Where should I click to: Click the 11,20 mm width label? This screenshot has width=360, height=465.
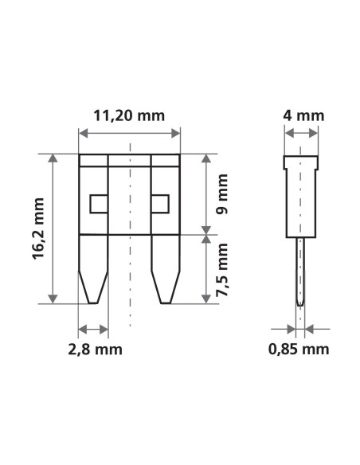click(x=129, y=115)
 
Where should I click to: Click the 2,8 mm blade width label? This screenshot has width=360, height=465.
click(x=93, y=349)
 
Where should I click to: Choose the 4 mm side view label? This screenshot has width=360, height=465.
click(x=303, y=115)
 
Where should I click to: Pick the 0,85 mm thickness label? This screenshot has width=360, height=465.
click(x=299, y=349)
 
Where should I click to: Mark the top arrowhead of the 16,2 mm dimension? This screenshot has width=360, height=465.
click(x=53, y=158)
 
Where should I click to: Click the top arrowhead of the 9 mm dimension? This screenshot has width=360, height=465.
click(x=205, y=158)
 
